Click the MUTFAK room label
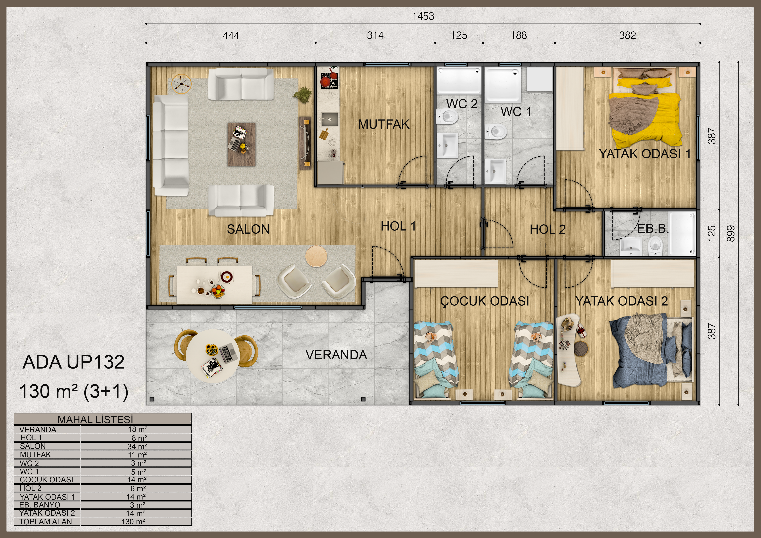click(x=384, y=124)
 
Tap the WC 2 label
click(x=462, y=104)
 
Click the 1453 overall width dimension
click(x=423, y=16)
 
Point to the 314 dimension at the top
click(x=375, y=35)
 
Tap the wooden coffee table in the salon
click(x=241, y=144)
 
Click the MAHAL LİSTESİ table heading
click(x=95, y=419)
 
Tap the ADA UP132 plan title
click(x=74, y=362)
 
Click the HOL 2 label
click(x=548, y=229)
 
